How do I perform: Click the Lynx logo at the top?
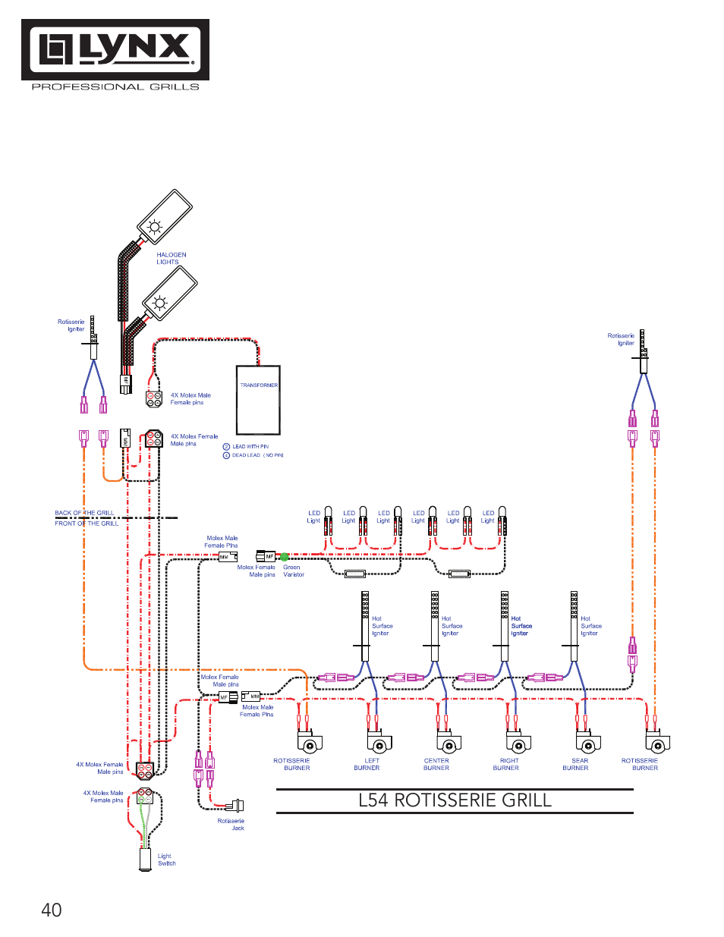(115, 50)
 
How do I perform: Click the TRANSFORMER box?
(258, 400)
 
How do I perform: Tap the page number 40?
(52, 910)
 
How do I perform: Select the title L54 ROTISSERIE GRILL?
(455, 800)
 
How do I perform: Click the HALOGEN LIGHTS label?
(171, 259)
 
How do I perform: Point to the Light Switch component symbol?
(144, 858)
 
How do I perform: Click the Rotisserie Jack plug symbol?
(236, 805)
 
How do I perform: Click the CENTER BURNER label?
(436, 764)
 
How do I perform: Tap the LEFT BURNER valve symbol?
(379, 743)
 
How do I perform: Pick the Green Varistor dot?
(285, 557)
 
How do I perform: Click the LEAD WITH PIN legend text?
(250, 447)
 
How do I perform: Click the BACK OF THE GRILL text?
(84, 513)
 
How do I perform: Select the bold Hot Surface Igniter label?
(521, 626)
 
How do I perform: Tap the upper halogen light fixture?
(165, 216)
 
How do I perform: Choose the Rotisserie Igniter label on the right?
(621, 339)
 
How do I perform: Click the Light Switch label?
(166, 860)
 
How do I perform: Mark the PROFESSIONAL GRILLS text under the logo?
(115, 87)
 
